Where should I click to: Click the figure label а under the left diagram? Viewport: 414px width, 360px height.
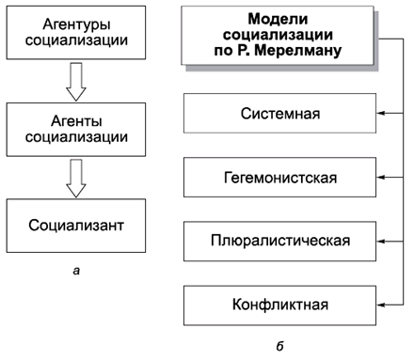pos(76,272)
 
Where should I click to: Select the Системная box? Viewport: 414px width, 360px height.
pos(279,114)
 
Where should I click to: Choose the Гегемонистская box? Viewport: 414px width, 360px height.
pos(279,177)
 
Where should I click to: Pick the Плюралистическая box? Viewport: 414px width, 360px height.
pos(279,241)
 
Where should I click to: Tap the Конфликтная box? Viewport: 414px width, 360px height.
pos(279,305)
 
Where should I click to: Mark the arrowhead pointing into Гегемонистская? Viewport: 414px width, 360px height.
pos(382,177)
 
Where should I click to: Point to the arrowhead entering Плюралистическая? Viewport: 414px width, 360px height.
pos(382,241)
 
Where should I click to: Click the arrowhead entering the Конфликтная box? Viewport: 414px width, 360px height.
pos(382,305)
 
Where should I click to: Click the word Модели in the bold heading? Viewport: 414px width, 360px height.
pos(279,18)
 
